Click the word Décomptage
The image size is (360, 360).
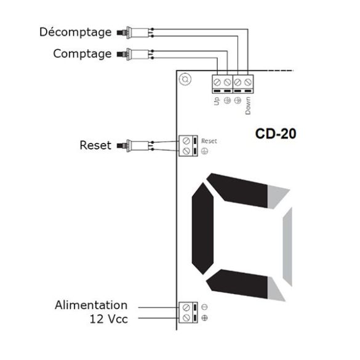point(75,33)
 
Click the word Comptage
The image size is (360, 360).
point(82,54)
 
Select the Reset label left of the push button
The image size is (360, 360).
point(95,145)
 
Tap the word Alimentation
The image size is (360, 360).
point(91,305)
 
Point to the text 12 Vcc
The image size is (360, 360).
point(108,319)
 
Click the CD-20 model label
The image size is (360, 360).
point(276,134)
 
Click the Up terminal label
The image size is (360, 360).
point(217,101)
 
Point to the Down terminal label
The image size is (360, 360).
point(248,106)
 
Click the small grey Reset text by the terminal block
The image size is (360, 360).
point(209,141)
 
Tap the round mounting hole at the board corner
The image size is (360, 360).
point(185,79)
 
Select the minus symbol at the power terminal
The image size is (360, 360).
point(204,307)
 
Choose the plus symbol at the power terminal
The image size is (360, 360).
point(204,318)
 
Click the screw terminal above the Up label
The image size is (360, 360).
point(217,82)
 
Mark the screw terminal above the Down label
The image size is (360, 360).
point(248,82)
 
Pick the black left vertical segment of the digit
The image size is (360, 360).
point(202,228)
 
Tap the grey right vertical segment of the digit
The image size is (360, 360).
point(287,247)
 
